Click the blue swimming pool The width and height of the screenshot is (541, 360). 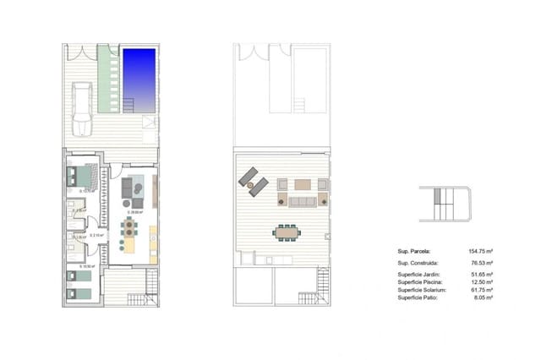point(139,78)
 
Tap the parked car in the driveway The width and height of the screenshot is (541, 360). point(82,109)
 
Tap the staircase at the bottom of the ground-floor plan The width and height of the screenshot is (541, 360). point(138,297)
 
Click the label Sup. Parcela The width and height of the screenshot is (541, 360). point(414,251)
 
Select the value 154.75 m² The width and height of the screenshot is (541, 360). point(480,251)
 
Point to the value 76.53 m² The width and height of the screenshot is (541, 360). point(481,264)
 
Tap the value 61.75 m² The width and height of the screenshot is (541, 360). point(481,290)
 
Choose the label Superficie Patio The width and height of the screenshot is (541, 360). point(418,297)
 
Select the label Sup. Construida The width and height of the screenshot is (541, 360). point(418,264)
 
